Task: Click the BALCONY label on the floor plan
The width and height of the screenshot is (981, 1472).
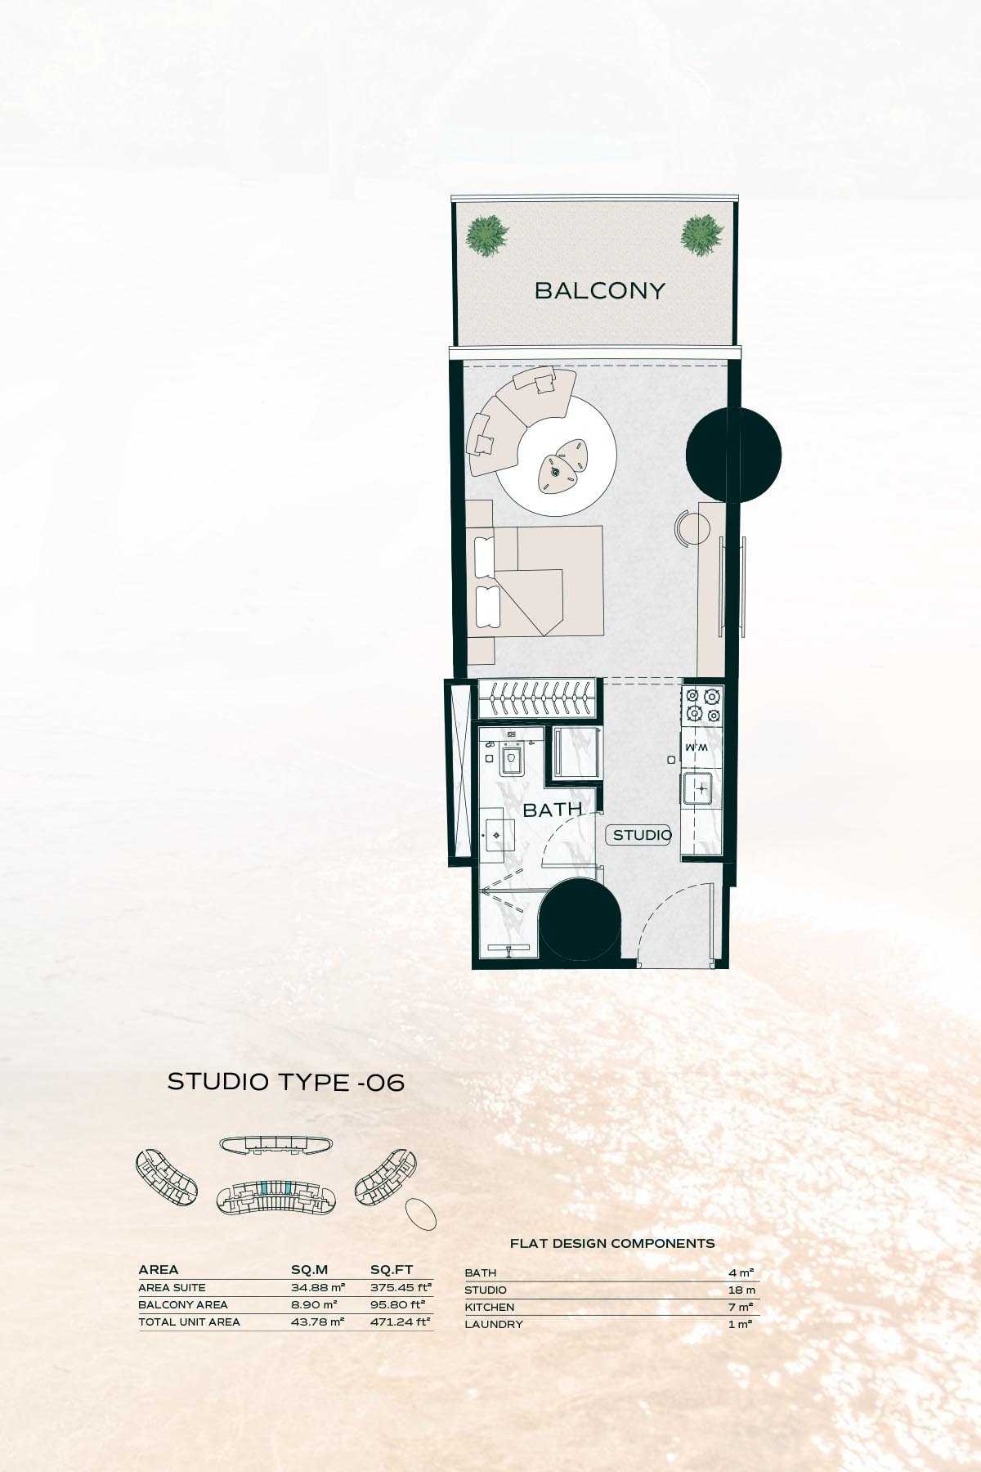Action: pos(600,290)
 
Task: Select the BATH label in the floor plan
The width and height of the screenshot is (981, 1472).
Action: pos(553,810)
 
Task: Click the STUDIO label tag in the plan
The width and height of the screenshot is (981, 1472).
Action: pos(642,835)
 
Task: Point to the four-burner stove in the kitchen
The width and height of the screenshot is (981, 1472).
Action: pos(703,706)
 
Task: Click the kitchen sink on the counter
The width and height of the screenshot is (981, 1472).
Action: pos(701,788)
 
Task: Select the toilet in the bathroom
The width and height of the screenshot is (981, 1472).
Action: pos(513,756)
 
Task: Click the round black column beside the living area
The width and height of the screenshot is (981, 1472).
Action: pos(733,455)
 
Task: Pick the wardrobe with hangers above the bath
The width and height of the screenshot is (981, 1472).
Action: pos(539,700)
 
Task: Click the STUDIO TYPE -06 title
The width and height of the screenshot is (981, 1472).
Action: pos(286,1082)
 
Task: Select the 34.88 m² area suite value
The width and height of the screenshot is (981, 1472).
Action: pos(318,1287)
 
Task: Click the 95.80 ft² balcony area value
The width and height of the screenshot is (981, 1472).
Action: pos(401,1304)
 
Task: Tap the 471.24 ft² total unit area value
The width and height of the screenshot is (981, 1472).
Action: pos(401,1322)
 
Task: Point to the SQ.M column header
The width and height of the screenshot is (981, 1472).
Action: pos(310,1270)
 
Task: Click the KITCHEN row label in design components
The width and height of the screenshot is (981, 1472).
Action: pos(490,1307)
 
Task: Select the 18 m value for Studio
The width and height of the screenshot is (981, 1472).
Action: pos(741,1290)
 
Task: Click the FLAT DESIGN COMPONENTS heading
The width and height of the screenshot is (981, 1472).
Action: pos(612,1243)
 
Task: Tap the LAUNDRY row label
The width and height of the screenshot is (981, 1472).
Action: pos(494,1324)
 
